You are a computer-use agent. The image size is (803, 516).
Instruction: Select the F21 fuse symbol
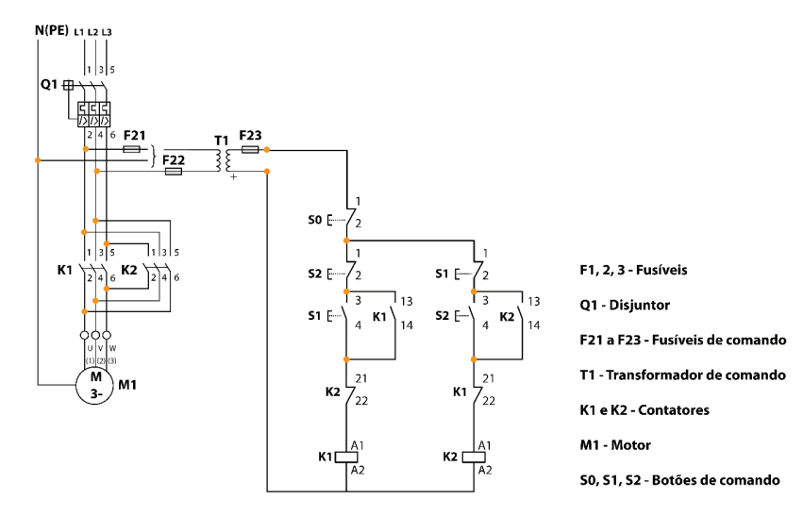(x=131, y=149)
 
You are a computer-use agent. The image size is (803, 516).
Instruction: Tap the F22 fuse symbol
(x=173, y=171)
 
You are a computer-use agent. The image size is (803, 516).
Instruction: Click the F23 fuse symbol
(x=250, y=149)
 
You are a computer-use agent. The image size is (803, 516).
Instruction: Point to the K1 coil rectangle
(x=346, y=458)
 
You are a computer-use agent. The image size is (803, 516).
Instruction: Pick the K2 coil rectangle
(x=474, y=458)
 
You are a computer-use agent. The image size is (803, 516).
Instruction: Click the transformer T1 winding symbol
(x=224, y=160)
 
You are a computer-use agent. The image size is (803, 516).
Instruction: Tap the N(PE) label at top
(x=52, y=30)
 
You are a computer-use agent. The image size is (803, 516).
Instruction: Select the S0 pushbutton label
(x=314, y=220)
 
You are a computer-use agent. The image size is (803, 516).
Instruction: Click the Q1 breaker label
(x=49, y=84)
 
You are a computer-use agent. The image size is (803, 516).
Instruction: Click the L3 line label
(x=107, y=32)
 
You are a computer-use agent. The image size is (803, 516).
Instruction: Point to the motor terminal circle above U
(x=85, y=335)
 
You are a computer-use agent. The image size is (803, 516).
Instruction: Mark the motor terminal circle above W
(x=107, y=335)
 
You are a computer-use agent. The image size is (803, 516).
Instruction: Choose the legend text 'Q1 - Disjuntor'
(x=625, y=305)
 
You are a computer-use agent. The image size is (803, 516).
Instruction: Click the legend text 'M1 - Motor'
(x=615, y=445)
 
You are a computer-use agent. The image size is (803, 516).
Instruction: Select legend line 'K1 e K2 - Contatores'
(x=644, y=410)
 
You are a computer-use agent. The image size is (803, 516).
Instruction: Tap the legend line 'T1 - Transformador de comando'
(x=682, y=375)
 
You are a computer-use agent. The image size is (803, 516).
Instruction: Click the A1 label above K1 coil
(x=358, y=445)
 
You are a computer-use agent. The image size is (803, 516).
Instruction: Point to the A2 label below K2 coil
(x=484, y=470)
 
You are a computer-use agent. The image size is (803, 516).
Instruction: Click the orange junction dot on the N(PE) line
(x=38, y=160)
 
